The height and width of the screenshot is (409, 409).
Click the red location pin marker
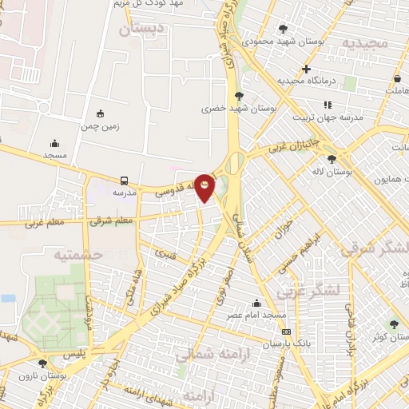coord(205,187)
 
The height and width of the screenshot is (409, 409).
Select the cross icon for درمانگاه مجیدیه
coord(306,69)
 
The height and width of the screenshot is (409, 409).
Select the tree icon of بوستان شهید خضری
coord(239,95)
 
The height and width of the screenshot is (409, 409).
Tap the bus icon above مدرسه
coord(124,181)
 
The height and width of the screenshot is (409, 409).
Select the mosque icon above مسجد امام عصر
coord(256,304)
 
